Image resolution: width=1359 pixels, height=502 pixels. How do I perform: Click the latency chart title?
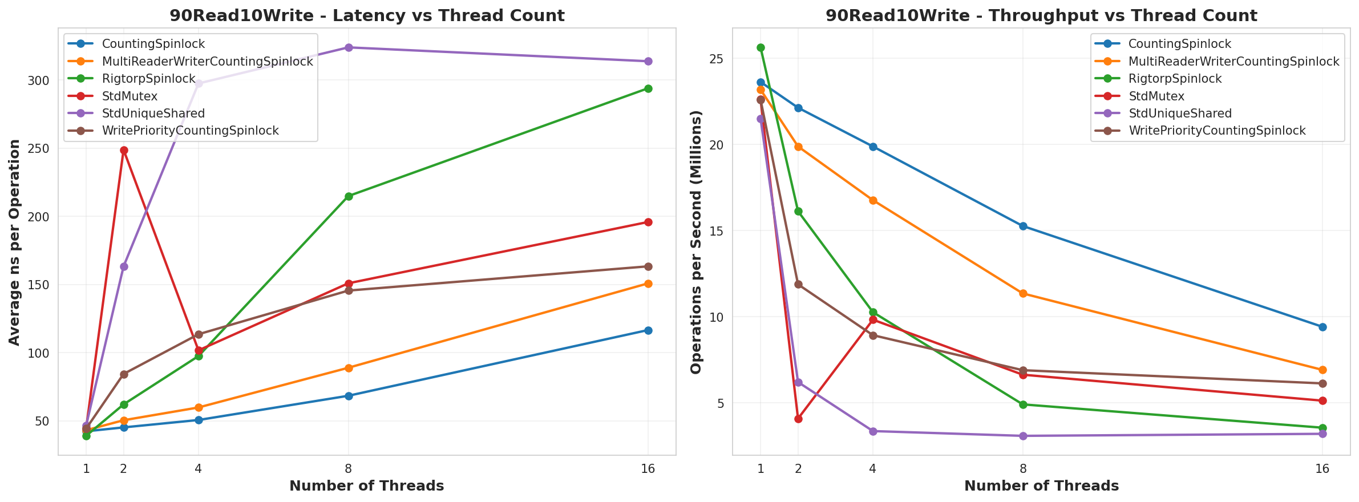pyautogui.click(x=367, y=15)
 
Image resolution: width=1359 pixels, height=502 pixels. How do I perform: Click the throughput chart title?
pyautogui.click(x=1041, y=15)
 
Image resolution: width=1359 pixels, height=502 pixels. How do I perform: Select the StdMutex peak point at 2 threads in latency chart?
pyautogui.click(x=124, y=151)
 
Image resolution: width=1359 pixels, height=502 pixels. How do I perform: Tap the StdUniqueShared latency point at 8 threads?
pyautogui.click(x=349, y=47)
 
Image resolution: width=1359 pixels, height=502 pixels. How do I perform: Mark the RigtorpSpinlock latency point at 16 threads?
pyautogui.click(x=648, y=88)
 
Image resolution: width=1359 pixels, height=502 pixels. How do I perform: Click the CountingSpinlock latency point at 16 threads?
pyautogui.click(x=648, y=330)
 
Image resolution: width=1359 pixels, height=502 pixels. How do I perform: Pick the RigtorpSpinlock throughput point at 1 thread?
pyautogui.click(x=761, y=48)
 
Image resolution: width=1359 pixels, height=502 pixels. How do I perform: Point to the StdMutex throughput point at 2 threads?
pyautogui.click(x=798, y=419)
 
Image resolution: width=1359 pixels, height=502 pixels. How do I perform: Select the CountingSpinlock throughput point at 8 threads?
pyautogui.click(x=1023, y=226)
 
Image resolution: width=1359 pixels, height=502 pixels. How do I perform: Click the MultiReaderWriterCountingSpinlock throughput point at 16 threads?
pyautogui.click(x=1322, y=370)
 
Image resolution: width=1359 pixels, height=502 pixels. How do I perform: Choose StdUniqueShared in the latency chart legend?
pyautogui.click(x=153, y=114)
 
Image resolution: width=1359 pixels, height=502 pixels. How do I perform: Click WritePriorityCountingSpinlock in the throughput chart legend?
pyautogui.click(x=1217, y=131)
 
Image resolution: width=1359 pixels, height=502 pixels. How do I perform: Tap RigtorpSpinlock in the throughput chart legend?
pyautogui.click(x=1175, y=79)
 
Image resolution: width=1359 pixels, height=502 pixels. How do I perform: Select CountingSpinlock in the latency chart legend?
pyautogui.click(x=153, y=44)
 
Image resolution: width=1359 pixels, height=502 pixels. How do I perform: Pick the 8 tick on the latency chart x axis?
pyautogui.click(x=349, y=469)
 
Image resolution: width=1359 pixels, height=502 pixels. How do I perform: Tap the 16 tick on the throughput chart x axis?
pyautogui.click(x=1322, y=469)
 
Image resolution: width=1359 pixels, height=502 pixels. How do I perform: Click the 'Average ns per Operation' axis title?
pyautogui.click(x=15, y=242)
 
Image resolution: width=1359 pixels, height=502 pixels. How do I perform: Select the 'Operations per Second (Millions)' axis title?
pyautogui.click(x=696, y=242)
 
